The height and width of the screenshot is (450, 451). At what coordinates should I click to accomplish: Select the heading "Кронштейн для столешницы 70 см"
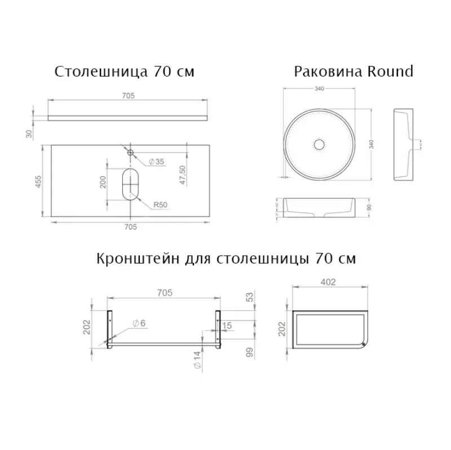pos(227,260)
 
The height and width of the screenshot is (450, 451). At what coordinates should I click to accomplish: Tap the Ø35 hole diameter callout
pos(156,162)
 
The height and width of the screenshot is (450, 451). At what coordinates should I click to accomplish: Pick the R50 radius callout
pos(162,204)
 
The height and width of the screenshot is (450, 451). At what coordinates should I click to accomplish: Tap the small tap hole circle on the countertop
pos(130,152)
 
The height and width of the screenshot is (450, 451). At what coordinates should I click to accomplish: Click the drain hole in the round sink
pos(319,144)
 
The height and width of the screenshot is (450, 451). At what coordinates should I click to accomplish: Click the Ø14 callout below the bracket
pos(196,360)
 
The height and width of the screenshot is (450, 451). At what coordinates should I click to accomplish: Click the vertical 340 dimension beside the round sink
pos(371,144)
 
